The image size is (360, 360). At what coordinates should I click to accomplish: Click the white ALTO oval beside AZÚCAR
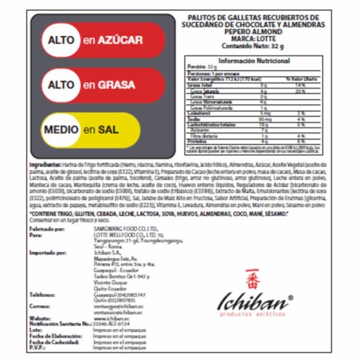(x=61, y=40)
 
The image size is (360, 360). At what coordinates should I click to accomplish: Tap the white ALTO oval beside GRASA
(x=61, y=85)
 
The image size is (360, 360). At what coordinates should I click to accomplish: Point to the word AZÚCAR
(x=121, y=40)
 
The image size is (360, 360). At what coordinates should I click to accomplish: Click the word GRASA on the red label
(x=118, y=85)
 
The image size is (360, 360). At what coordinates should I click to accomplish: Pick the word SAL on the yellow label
(x=109, y=130)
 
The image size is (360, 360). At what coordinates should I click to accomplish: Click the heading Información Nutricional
(x=254, y=61)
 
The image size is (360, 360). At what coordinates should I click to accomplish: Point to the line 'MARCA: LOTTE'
(x=254, y=38)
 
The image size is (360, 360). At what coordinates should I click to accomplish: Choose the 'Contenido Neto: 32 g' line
(x=254, y=46)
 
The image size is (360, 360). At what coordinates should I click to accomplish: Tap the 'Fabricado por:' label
(x=43, y=229)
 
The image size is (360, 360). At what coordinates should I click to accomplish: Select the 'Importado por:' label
(x=44, y=253)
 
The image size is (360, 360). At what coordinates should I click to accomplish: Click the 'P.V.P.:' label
(x=36, y=347)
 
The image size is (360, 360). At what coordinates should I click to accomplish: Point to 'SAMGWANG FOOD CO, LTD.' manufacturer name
(x=125, y=229)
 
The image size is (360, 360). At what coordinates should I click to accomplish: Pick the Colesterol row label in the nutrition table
(x=199, y=112)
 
